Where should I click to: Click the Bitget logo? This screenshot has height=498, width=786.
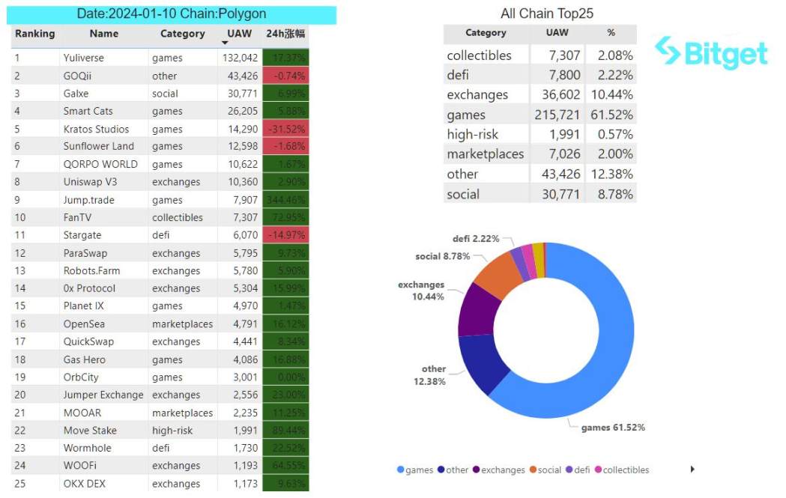tap(711, 53)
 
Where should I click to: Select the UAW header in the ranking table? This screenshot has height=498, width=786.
tap(240, 34)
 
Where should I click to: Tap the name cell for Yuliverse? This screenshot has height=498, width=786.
tap(84, 58)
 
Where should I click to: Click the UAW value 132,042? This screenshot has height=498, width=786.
tap(240, 58)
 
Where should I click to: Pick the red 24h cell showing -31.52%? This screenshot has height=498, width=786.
tap(285, 129)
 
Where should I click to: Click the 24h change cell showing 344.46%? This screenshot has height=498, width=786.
tap(285, 200)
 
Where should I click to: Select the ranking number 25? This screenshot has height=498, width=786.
tap(20, 483)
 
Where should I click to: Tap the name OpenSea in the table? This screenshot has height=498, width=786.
tap(84, 324)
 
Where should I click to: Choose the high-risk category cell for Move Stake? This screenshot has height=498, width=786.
tap(172, 430)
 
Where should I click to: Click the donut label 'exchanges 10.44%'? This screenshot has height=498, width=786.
tap(421, 291)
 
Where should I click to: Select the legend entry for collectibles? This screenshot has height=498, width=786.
tap(626, 470)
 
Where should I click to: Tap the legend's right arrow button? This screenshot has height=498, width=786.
tap(692, 470)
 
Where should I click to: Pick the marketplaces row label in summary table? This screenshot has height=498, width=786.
tap(485, 154)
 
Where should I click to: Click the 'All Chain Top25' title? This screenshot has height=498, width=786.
tap(547, 13)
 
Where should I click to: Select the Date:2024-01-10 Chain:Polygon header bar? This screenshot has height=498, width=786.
tap(172, 14)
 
